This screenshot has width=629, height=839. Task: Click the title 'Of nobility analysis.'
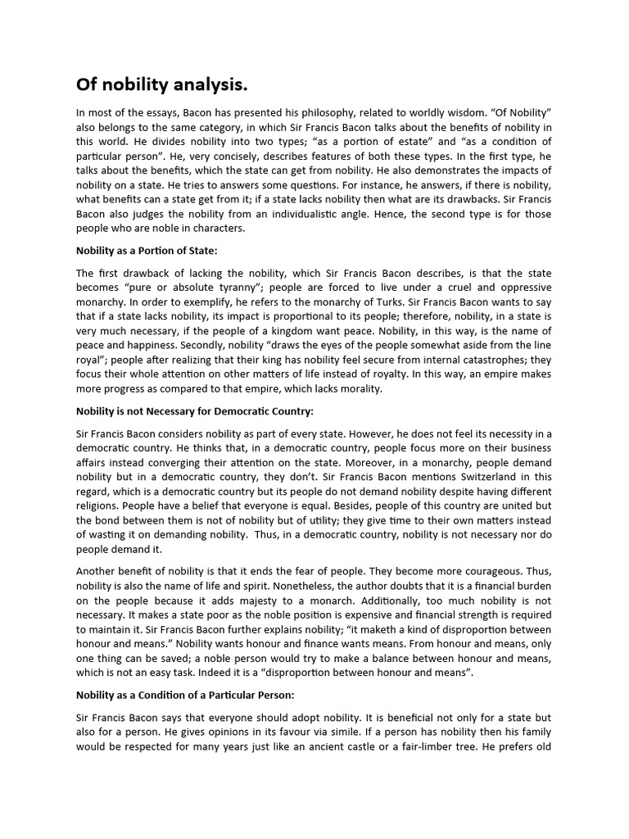coord(161,84)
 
